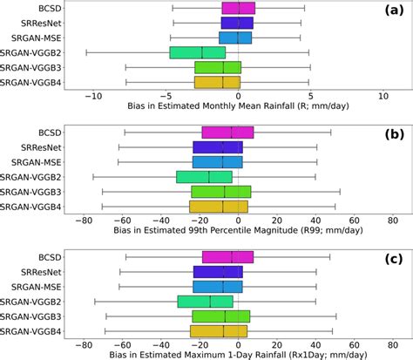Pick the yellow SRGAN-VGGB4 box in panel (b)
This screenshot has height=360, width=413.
pyautogui.click(x=219, y=207)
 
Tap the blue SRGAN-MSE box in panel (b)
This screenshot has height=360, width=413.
pyautogui.click(x=218, y=162)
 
